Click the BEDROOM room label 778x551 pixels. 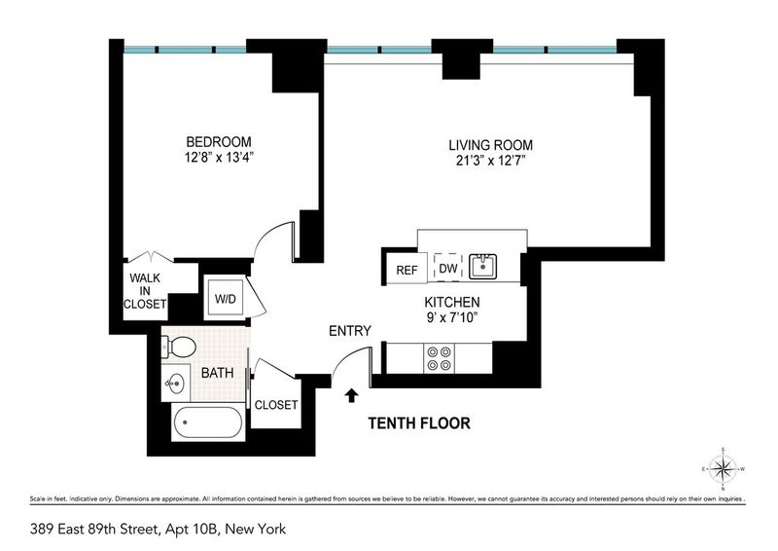(x=218, y=141)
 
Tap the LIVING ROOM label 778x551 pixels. (x=491, y=145)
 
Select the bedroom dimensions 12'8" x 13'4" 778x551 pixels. (x=219, y=158)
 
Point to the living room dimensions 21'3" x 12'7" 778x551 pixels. (x=491, y=161)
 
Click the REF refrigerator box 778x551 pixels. (x=407, y=269)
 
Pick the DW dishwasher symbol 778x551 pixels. (x=448, y=269)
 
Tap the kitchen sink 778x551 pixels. (x=482, y=267)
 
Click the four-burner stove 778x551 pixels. (x=440, y=358)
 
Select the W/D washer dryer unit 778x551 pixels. (x=226, y=299)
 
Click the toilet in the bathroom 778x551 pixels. (x=178, y=347)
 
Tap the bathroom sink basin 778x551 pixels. (x=175, y=383)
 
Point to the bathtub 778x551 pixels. (x=208, y=422)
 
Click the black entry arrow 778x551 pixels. (x=352, y=395)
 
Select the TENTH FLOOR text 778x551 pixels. (x=419, y=423)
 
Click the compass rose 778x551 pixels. (x=723, y=468)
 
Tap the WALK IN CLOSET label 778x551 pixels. (x=145, y=291)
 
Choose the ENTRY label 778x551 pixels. (x=350, y=331)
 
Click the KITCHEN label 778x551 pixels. (x=452, y=302)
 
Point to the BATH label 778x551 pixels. (x=217, y=373)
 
